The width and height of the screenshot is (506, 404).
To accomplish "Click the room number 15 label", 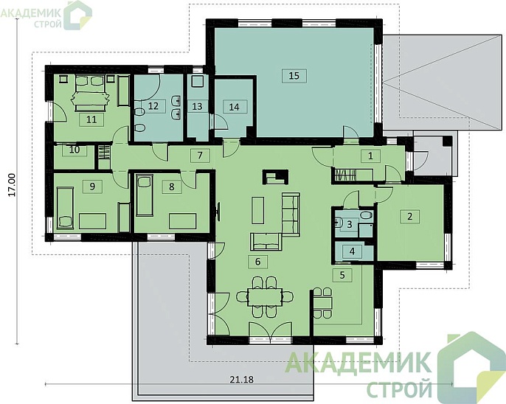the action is [x=294, y=76].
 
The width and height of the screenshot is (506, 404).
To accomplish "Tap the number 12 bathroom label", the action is [x=153, y=105].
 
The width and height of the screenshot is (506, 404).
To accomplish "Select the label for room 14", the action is [x=235, y=107].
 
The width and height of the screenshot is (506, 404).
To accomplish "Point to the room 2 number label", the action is [x=410, y=216].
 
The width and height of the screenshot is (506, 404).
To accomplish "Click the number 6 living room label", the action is [x=257, y=261].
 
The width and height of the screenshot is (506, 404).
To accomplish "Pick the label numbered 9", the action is [x=92, y=187].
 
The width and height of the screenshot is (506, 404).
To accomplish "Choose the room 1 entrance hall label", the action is [x=370, y=156].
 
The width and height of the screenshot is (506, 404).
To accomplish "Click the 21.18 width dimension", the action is [x=242, y=380].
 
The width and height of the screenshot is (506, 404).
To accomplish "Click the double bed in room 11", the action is [x=91, y=93].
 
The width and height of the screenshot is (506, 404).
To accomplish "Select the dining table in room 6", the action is [x=265, y=297].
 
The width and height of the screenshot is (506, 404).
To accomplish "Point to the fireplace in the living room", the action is [x=276, y=178].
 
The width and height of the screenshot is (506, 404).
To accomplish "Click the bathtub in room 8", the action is [x=145, y=195].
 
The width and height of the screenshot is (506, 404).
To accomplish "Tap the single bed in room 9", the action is [x=66, y=209].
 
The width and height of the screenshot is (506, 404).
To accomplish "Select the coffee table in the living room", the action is [x=258, y=210].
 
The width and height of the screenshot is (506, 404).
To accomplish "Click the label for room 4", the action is [x=352, y=251].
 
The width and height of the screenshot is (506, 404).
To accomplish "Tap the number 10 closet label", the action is [x=74, y=150].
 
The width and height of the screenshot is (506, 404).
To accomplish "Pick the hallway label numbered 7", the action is [x=200, y=156].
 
